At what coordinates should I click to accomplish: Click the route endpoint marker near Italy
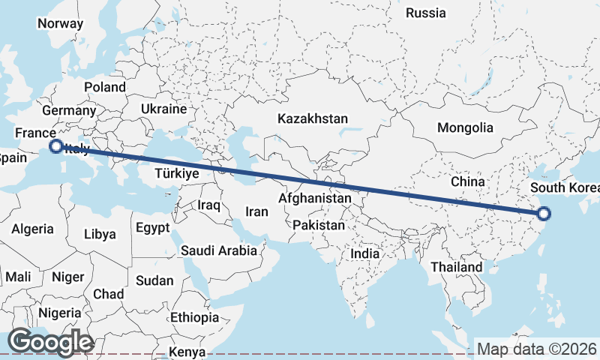55,146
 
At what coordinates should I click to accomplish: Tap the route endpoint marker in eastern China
544,214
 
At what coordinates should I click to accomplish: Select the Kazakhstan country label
313,118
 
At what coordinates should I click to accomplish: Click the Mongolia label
465,127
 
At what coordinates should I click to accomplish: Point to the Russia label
425,13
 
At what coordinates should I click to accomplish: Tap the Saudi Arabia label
218,250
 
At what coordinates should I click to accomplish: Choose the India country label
365,253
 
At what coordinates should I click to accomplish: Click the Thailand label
457,267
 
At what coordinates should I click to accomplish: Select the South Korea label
564,187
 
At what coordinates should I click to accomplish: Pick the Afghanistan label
314,199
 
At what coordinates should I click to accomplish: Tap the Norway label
60,23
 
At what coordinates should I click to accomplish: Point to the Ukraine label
163,109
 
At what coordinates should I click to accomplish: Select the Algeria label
32,229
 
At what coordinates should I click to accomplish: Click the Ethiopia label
194,317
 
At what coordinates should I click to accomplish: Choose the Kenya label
187,352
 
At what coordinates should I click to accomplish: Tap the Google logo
49,342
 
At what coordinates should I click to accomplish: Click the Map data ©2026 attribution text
536,349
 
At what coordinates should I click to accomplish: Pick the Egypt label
153,227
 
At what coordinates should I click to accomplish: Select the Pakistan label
319,225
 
